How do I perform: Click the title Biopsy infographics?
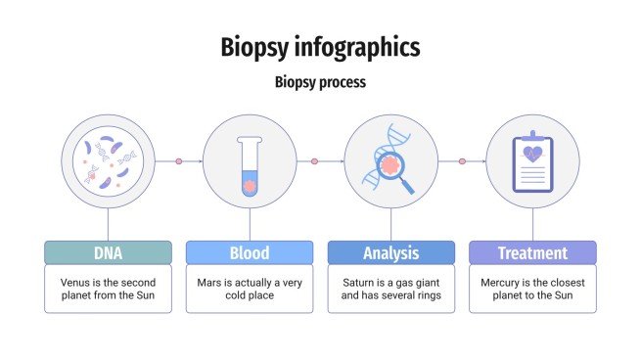pyautogui.click(x=320, y=46)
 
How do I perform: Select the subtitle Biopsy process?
pyautogui.click(x=320, y=82)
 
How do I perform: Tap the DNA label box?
pyautogui.click(x=108, y=253)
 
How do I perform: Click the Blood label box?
pyautogui.click(x=250, y=253)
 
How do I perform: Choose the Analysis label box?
pyautogui.click(x=390, y=253)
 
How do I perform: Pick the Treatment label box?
pyautogui.click(x=532, y=253)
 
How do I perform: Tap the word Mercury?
pyautogui.click(x=500, y=281)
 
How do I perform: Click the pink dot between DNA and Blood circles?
pyautogui.click(x=179, y=161)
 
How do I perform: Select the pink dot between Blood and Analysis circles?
pyautogui.click(x=314, y=161)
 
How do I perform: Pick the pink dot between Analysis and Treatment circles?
pyautogui.click(x=462, y=161)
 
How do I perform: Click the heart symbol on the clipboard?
pyautogui.click(x=532, y=154)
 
